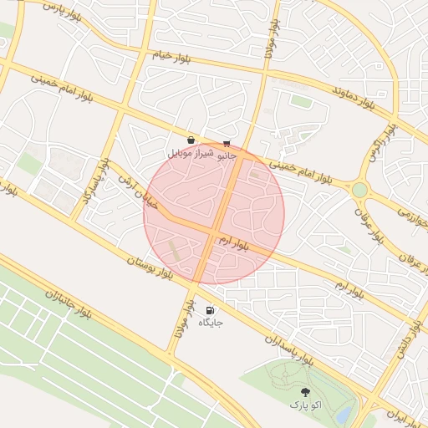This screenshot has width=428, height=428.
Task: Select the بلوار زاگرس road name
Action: [x=381, y=147]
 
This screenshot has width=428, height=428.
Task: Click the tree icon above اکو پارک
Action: [x=304, y=392]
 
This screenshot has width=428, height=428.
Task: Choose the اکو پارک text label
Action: [x=304, y=405]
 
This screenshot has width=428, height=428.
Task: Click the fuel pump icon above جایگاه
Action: [x=209, y=311]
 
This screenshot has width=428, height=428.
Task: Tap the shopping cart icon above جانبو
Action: [x=227, y=144]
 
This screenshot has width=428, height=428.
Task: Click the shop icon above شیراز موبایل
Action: [x=191, y=141]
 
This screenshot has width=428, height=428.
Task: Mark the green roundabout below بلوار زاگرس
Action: [x=359, y=190]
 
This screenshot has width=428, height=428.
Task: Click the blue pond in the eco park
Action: [x=343, y=415]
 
